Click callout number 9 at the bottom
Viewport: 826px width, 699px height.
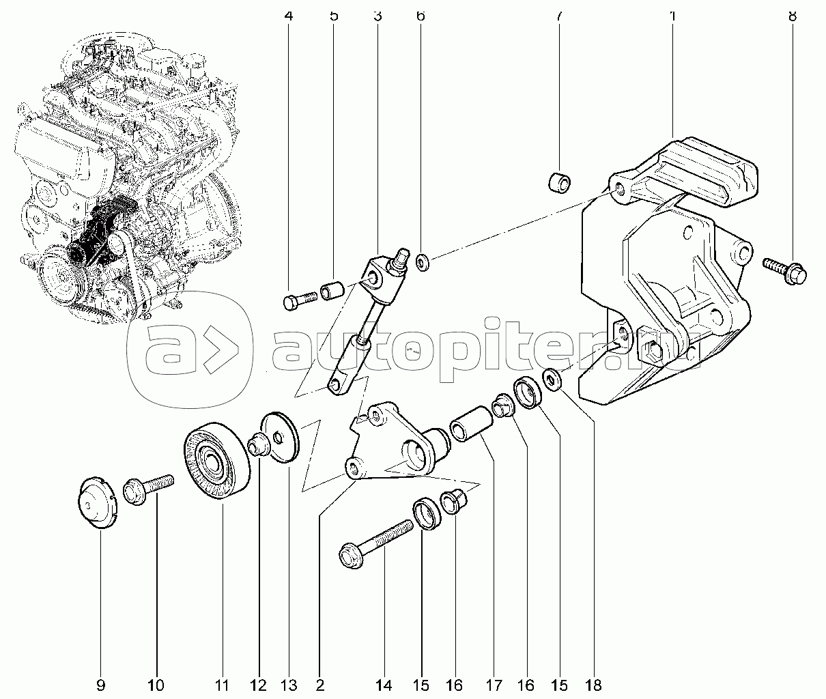tap(101, 686)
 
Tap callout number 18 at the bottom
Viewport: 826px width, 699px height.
tap(594, 686)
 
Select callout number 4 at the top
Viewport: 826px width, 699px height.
tap(289, 16)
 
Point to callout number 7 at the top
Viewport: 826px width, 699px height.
tap(558, 16)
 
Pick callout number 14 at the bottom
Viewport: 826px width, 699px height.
tap(384, 686)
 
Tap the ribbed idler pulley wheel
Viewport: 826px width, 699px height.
tap(217, 460)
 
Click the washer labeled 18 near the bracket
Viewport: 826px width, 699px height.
tap(552, 378)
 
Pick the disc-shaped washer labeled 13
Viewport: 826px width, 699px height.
tap(280, 438)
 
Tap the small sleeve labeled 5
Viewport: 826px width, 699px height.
tap(332, 291)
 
